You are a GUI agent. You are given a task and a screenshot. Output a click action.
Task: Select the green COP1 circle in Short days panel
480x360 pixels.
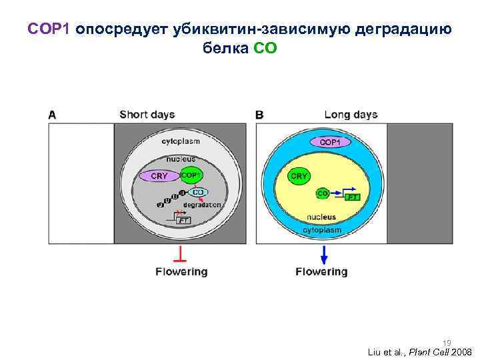click(191, 175)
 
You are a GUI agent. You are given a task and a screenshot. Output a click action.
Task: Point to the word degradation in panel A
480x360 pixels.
click(202, 205)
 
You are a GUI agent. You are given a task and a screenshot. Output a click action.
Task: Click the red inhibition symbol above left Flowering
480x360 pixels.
click(181, 255)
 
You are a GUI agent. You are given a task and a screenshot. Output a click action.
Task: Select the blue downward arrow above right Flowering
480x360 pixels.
click(323, 255)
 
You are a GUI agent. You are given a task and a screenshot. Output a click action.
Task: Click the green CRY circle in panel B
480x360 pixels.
click(299, 176)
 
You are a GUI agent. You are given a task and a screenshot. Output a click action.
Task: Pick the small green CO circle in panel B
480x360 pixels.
click(323, 193)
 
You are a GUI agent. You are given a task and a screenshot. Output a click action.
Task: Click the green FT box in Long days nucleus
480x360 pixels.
click(353, 197)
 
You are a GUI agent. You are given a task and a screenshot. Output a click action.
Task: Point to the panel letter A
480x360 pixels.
click(52, 115)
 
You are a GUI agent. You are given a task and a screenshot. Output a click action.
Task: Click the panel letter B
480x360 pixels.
click(259, 115)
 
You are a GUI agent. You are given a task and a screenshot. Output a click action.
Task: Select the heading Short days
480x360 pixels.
click(147, 115)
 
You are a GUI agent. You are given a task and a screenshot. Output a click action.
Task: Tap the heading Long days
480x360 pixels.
click(351, 115)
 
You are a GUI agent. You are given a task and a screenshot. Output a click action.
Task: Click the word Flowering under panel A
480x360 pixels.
click(181, 272)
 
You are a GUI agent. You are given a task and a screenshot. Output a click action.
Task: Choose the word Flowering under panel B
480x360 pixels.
click(321, 272)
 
